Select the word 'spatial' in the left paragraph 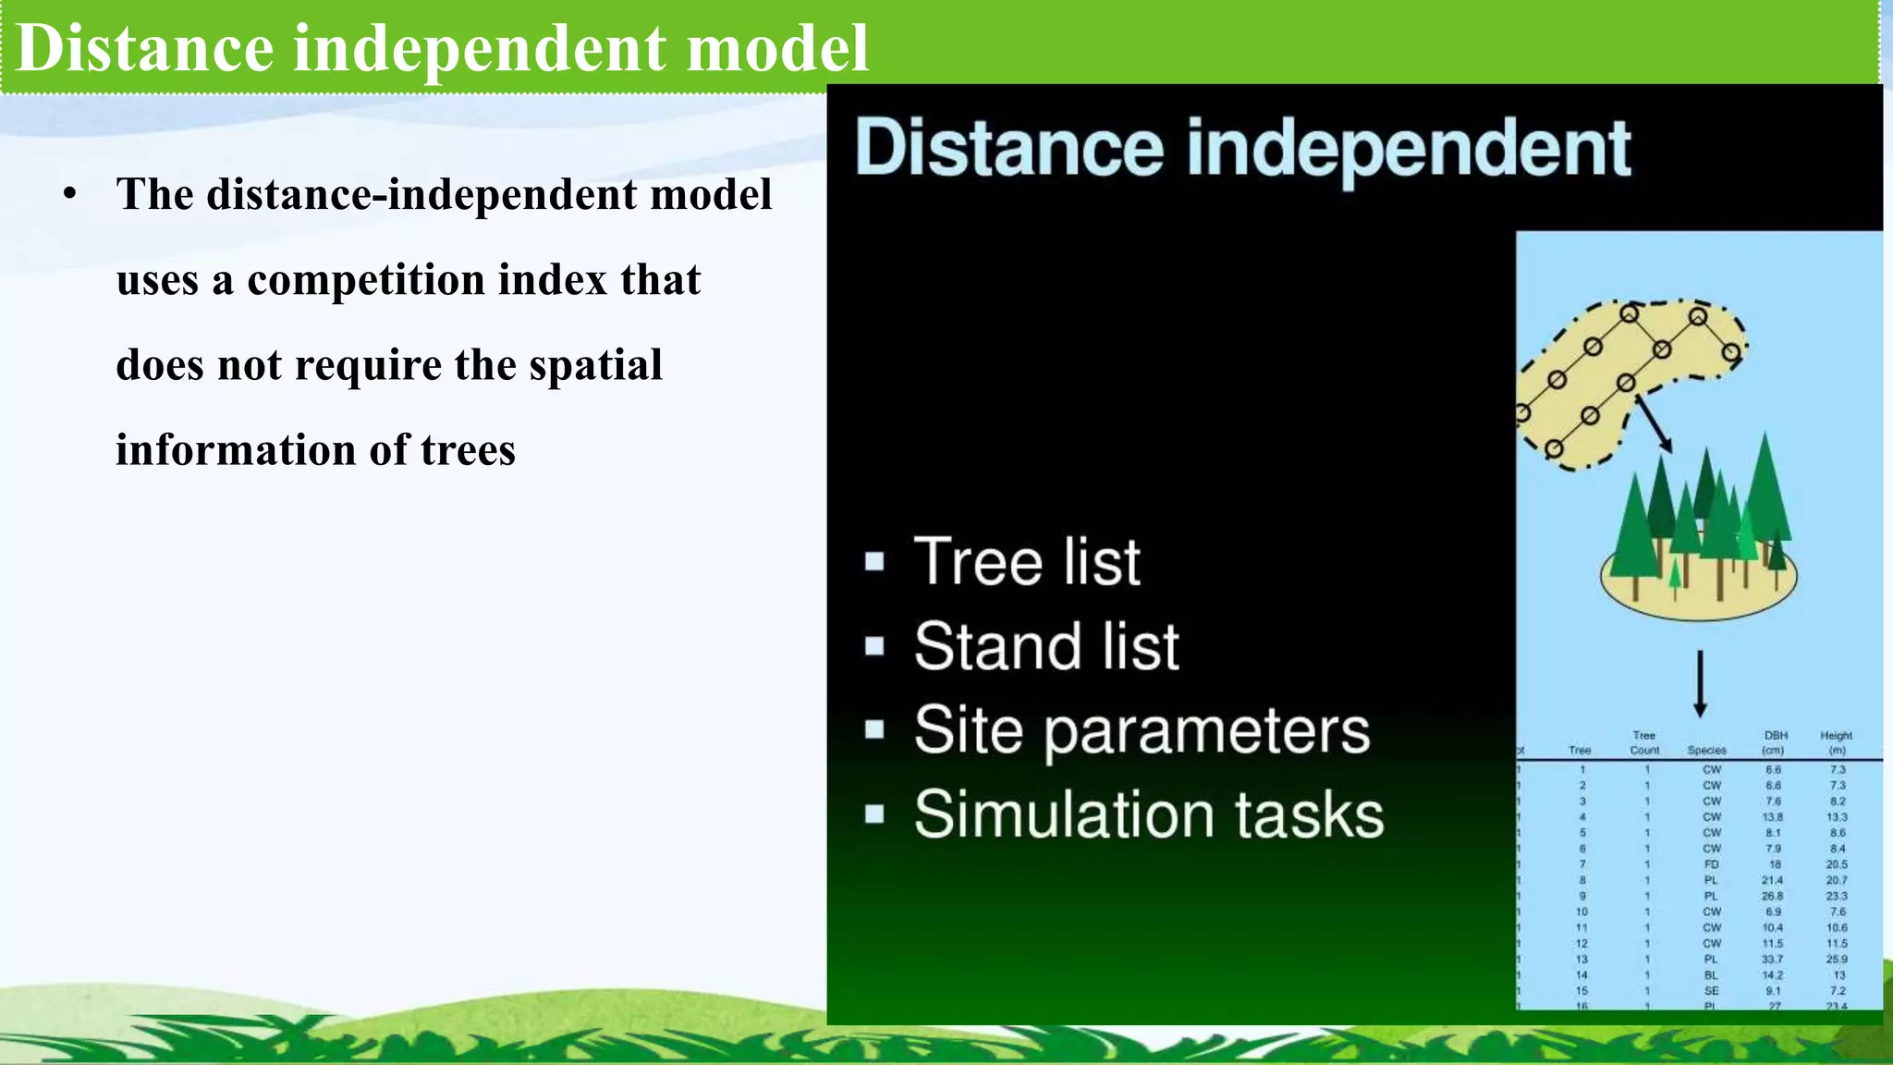coord(595,365)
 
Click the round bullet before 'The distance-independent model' coord(70,195)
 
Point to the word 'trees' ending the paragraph coord(468,451)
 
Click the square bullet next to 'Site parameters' coord(874,730)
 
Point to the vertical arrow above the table coord(1699,684)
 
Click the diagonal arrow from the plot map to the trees coord(1655,423)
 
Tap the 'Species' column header coord(1706,751)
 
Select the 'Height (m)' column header coord(1836,742)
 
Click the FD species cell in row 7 coord(1711,864)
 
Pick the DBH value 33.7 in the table coord(1772,959)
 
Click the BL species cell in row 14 coord(1711,974)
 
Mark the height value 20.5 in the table coord(1836,864)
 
